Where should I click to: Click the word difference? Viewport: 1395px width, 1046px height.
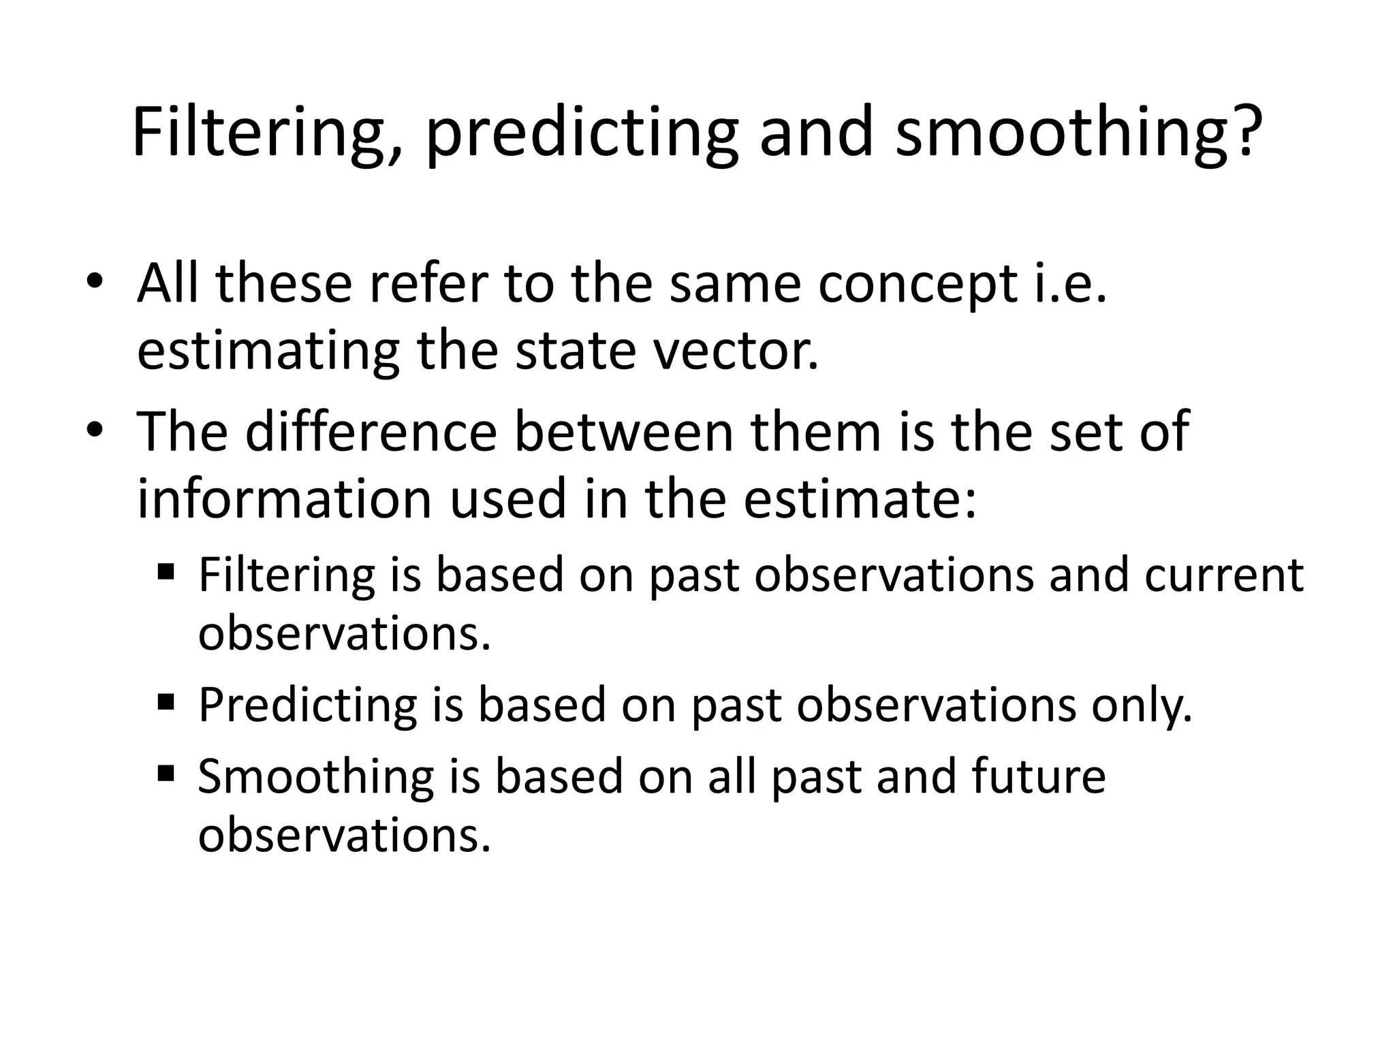pyautogui.click(x=371, y=431)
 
